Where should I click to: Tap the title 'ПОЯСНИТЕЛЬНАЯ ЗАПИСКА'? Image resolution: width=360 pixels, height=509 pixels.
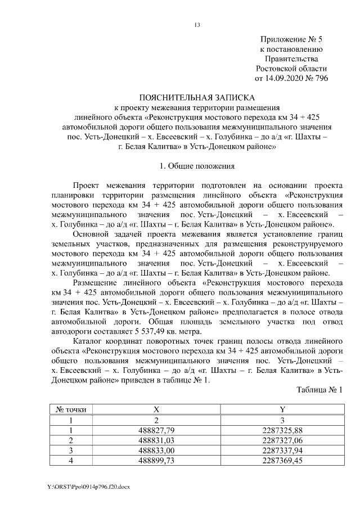tap(196, 97)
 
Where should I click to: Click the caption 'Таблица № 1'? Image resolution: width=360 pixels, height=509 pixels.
tap(319, 389)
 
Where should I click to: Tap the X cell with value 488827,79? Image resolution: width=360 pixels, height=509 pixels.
tap(157, 430)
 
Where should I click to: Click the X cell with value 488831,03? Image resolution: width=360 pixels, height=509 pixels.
tap(157, 440)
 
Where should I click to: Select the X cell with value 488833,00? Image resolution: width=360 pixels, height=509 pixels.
tap(157, 451)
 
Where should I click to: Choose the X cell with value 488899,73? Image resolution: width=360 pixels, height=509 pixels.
tap(157, 461)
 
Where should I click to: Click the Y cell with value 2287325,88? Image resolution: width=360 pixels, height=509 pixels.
tap(282, 430)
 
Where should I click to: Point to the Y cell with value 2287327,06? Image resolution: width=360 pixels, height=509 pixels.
tap(282, 440)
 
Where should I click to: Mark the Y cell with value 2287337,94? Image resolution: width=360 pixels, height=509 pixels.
tap(282, 451)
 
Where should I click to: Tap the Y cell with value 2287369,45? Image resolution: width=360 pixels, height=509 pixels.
tap(282, 461)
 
